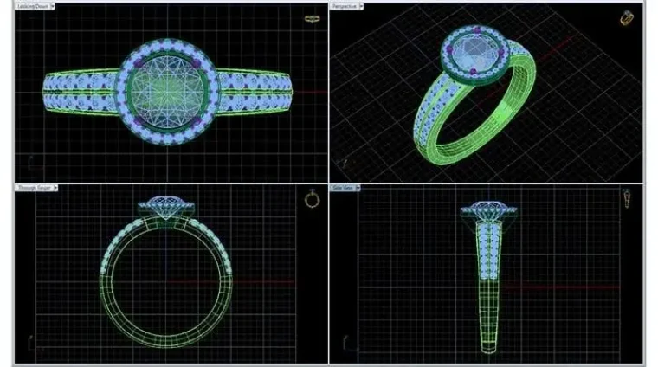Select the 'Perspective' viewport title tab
click(345, 6)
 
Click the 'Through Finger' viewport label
click(31, 187)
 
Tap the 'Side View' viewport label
click(342, 187)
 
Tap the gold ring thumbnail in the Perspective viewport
click(626, 17)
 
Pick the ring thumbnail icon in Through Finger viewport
click(312, 199)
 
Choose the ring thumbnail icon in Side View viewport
click(626, 200)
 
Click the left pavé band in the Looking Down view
click(82, 89)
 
